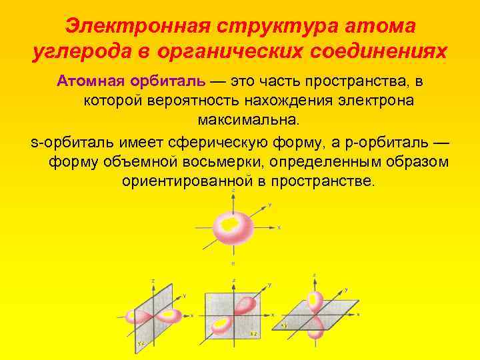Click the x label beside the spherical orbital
click(x=279, y=227)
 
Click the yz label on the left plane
click(x=141, y=342)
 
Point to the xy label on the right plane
click(x=285, y=325)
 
